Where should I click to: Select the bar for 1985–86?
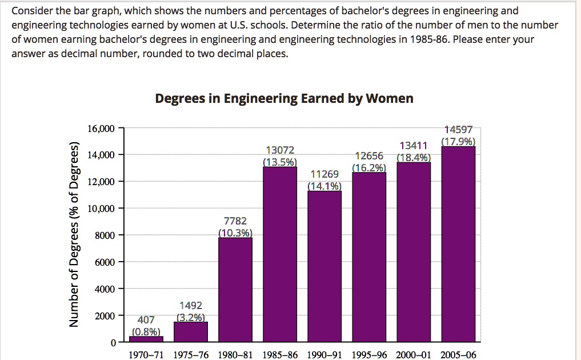pyautogui.click(x=280, y=254)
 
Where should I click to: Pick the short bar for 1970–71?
pyautogui.click(x=146, y=339)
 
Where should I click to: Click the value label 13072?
pyautogui.click(x=280, y=150)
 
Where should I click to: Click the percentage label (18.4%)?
pyautogui.click(x=414, y=158)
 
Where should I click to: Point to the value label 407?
pyautogui.click(x=146, y=320)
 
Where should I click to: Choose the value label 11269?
pyautogui.click(x=324, y=174)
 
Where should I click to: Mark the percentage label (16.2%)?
pyautogui.click(x=369, y=167)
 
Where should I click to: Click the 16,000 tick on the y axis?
pyautogui.click(x=101, y=128)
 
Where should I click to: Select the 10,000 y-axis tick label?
pyautogui.click(x=101, y=209)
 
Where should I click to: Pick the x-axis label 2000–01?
pyautogui.click(x=414, y=355)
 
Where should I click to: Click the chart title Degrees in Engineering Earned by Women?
pyautogui.click(x=284, y=98)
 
